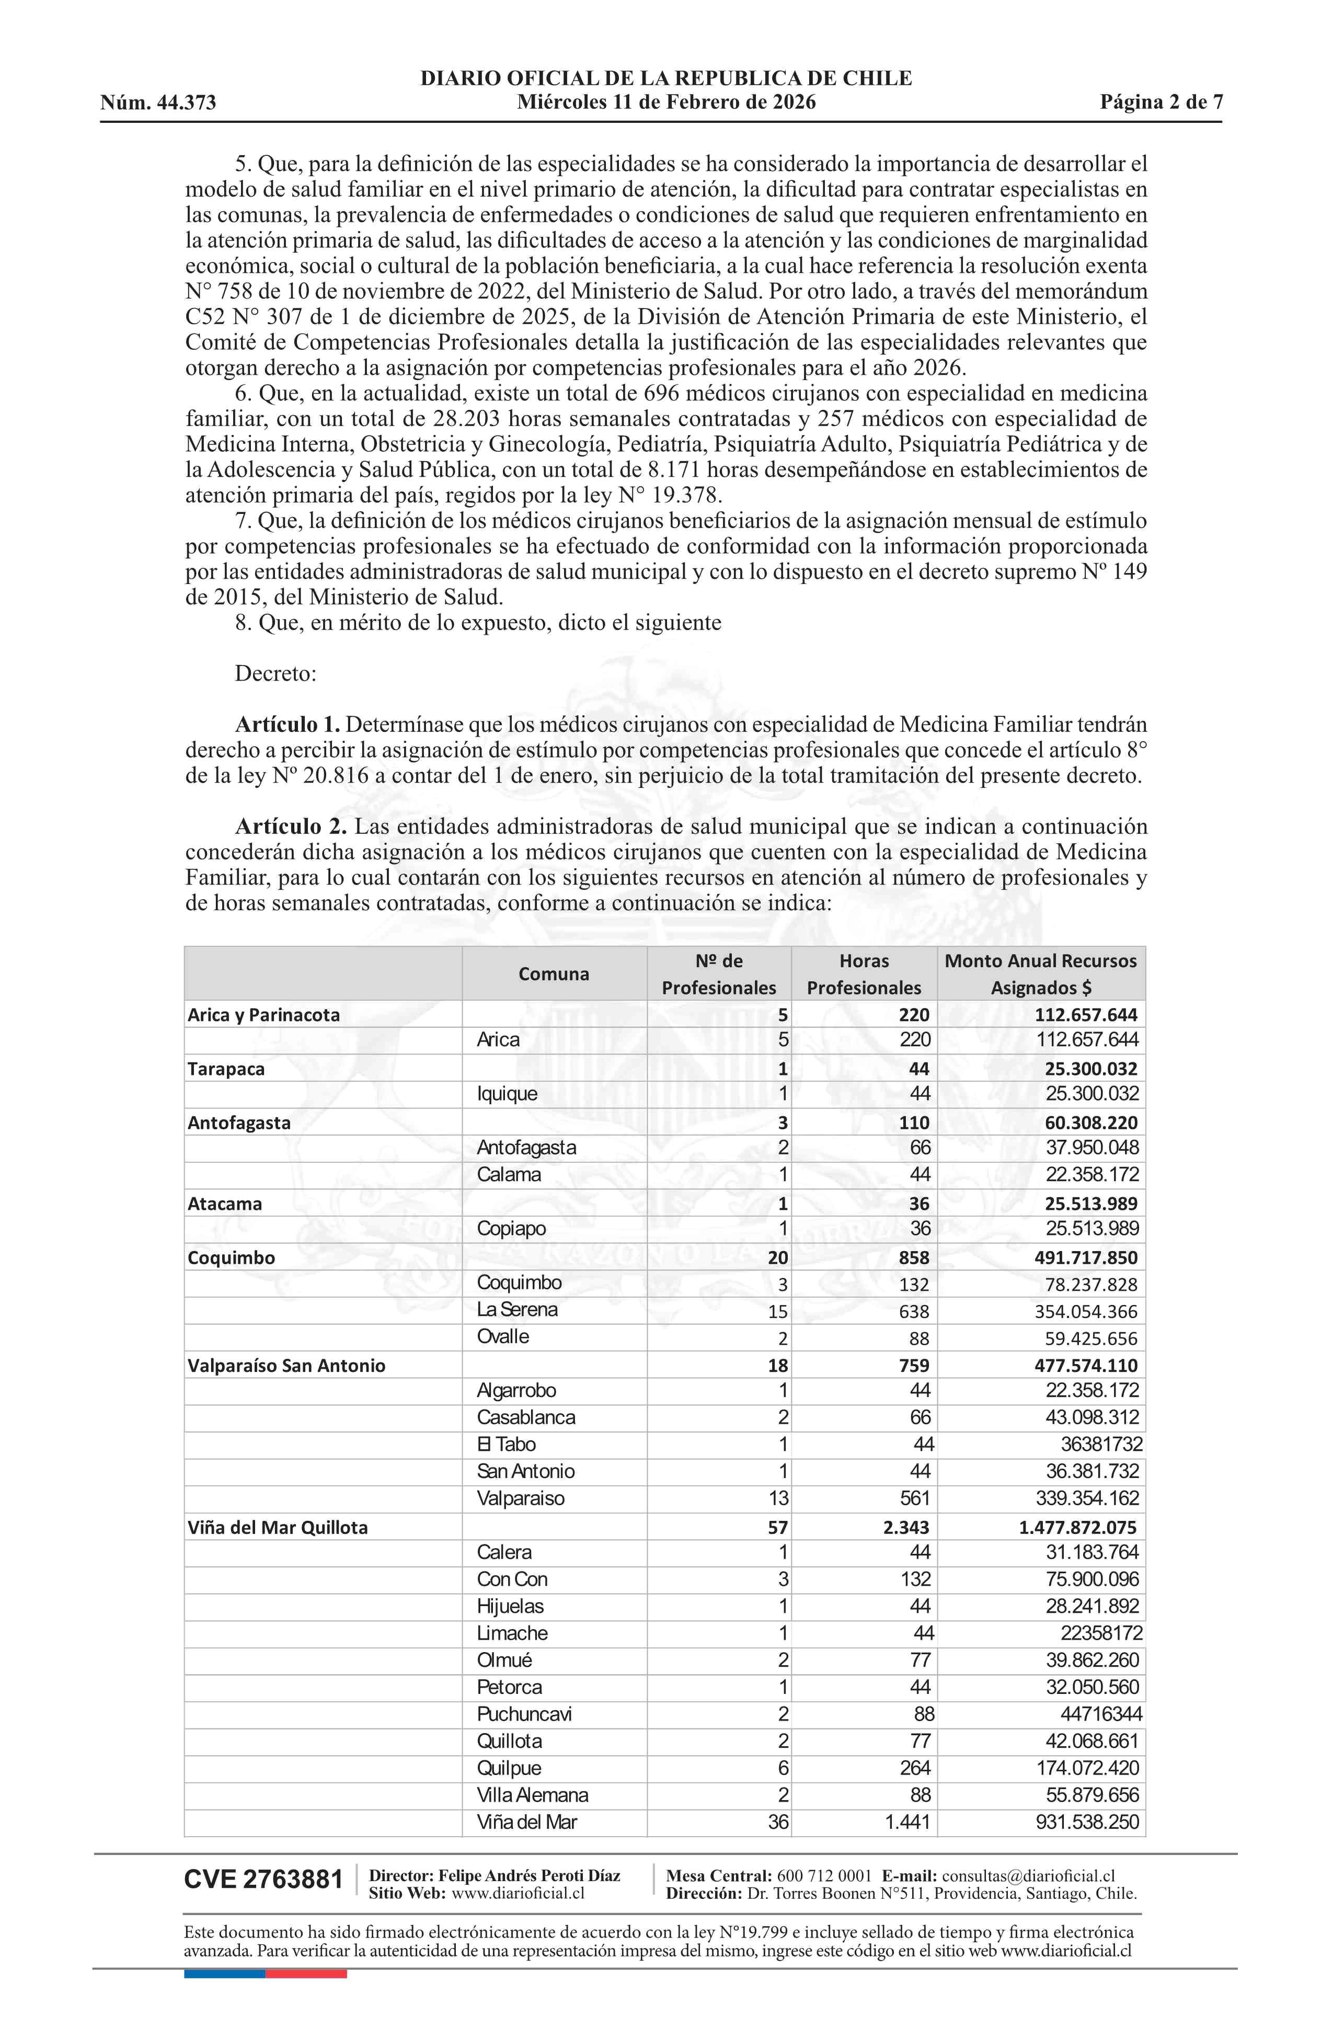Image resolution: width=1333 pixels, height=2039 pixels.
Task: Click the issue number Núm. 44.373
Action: [x=158, y=104]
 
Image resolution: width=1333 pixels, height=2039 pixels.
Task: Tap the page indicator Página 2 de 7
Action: [x=1161, y=103]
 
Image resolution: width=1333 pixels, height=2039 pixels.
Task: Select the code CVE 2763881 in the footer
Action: [x=263, y=1880]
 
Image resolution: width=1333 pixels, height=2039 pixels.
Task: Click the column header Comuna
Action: [x=554, y=974]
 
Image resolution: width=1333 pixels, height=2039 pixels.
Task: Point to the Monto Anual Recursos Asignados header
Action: [x=1040, y=974]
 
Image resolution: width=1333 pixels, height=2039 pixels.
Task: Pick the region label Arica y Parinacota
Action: [x=264, y=1015]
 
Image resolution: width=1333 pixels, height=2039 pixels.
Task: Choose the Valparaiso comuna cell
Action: [x=521, y=1498]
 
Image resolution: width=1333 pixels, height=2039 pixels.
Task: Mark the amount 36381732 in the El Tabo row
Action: [x=1101, y=1445]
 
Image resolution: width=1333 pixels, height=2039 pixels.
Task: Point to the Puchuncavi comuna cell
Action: [x=524, y=1714]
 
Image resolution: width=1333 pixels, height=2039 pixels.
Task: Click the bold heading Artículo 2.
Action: [x=291, y=827]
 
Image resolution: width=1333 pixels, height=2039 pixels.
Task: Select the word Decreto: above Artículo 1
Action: [x=276, y=673]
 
